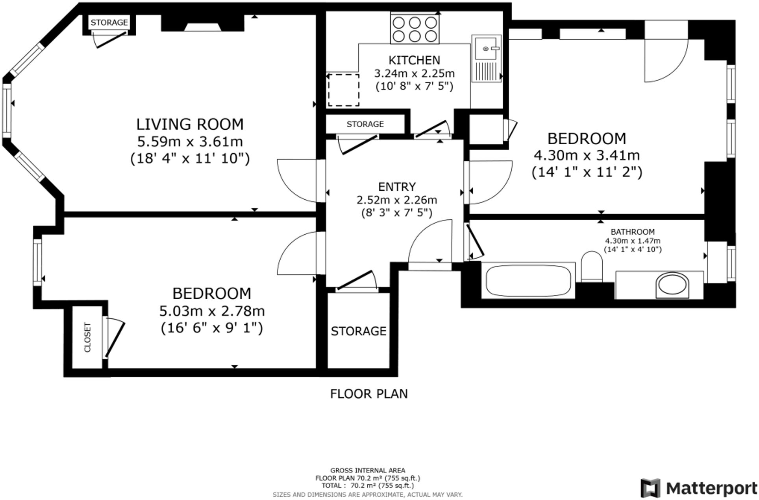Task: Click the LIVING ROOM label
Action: point(190,124)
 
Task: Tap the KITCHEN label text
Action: point(414,60)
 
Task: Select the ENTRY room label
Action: point(397,186)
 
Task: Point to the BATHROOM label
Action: point(633,232)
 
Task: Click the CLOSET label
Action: point(87,337)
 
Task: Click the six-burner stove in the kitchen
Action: point(415,28)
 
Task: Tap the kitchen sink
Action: point(487,59)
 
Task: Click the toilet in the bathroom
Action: point(592,266)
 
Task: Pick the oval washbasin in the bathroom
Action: point(672,285)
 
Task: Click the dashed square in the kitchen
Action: point(343,90)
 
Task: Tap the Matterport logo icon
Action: point(650,488)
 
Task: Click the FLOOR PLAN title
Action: point(369,393)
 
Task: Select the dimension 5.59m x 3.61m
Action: point(190,141)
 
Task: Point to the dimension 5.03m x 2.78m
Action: point(212,311)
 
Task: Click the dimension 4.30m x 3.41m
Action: point(587,155)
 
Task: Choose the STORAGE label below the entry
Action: point(358,331)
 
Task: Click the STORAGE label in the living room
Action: point(109,22)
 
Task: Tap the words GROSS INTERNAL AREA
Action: point(368,470)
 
